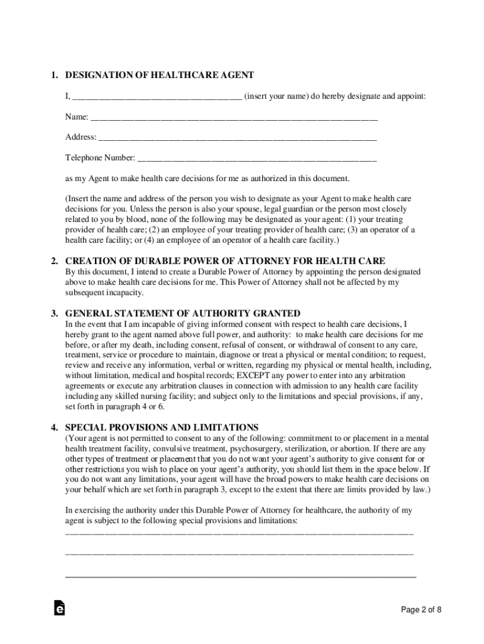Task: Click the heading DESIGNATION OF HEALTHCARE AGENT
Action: pyautogui.click(x=159, y=75)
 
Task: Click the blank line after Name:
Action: pyautogui.click(x=234, y=118)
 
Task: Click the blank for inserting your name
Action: pyautogui.click(x=157, y=97)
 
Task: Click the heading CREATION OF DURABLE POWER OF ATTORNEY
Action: pyautogui.click(x=225, y=261)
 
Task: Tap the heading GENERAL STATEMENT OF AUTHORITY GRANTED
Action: pyautogui.click(x=182, y=313)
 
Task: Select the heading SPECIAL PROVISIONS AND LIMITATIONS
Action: pyautogui.click(x=162, y=427)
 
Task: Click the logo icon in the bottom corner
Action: pyautogui.click(x=59, y=608)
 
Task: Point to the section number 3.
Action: pyautogui.click(x=55, y=313)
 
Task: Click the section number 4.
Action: pyautogui.click(x=55, y=427)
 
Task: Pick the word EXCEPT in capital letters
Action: pyautogui.click(x=236, y=375)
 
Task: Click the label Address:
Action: pyautogui.click(x=81, y=138)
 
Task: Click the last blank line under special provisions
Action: pyautogui.click(x=241, y=575)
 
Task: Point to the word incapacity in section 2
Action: pyautogui.click(x=125, y=293)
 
